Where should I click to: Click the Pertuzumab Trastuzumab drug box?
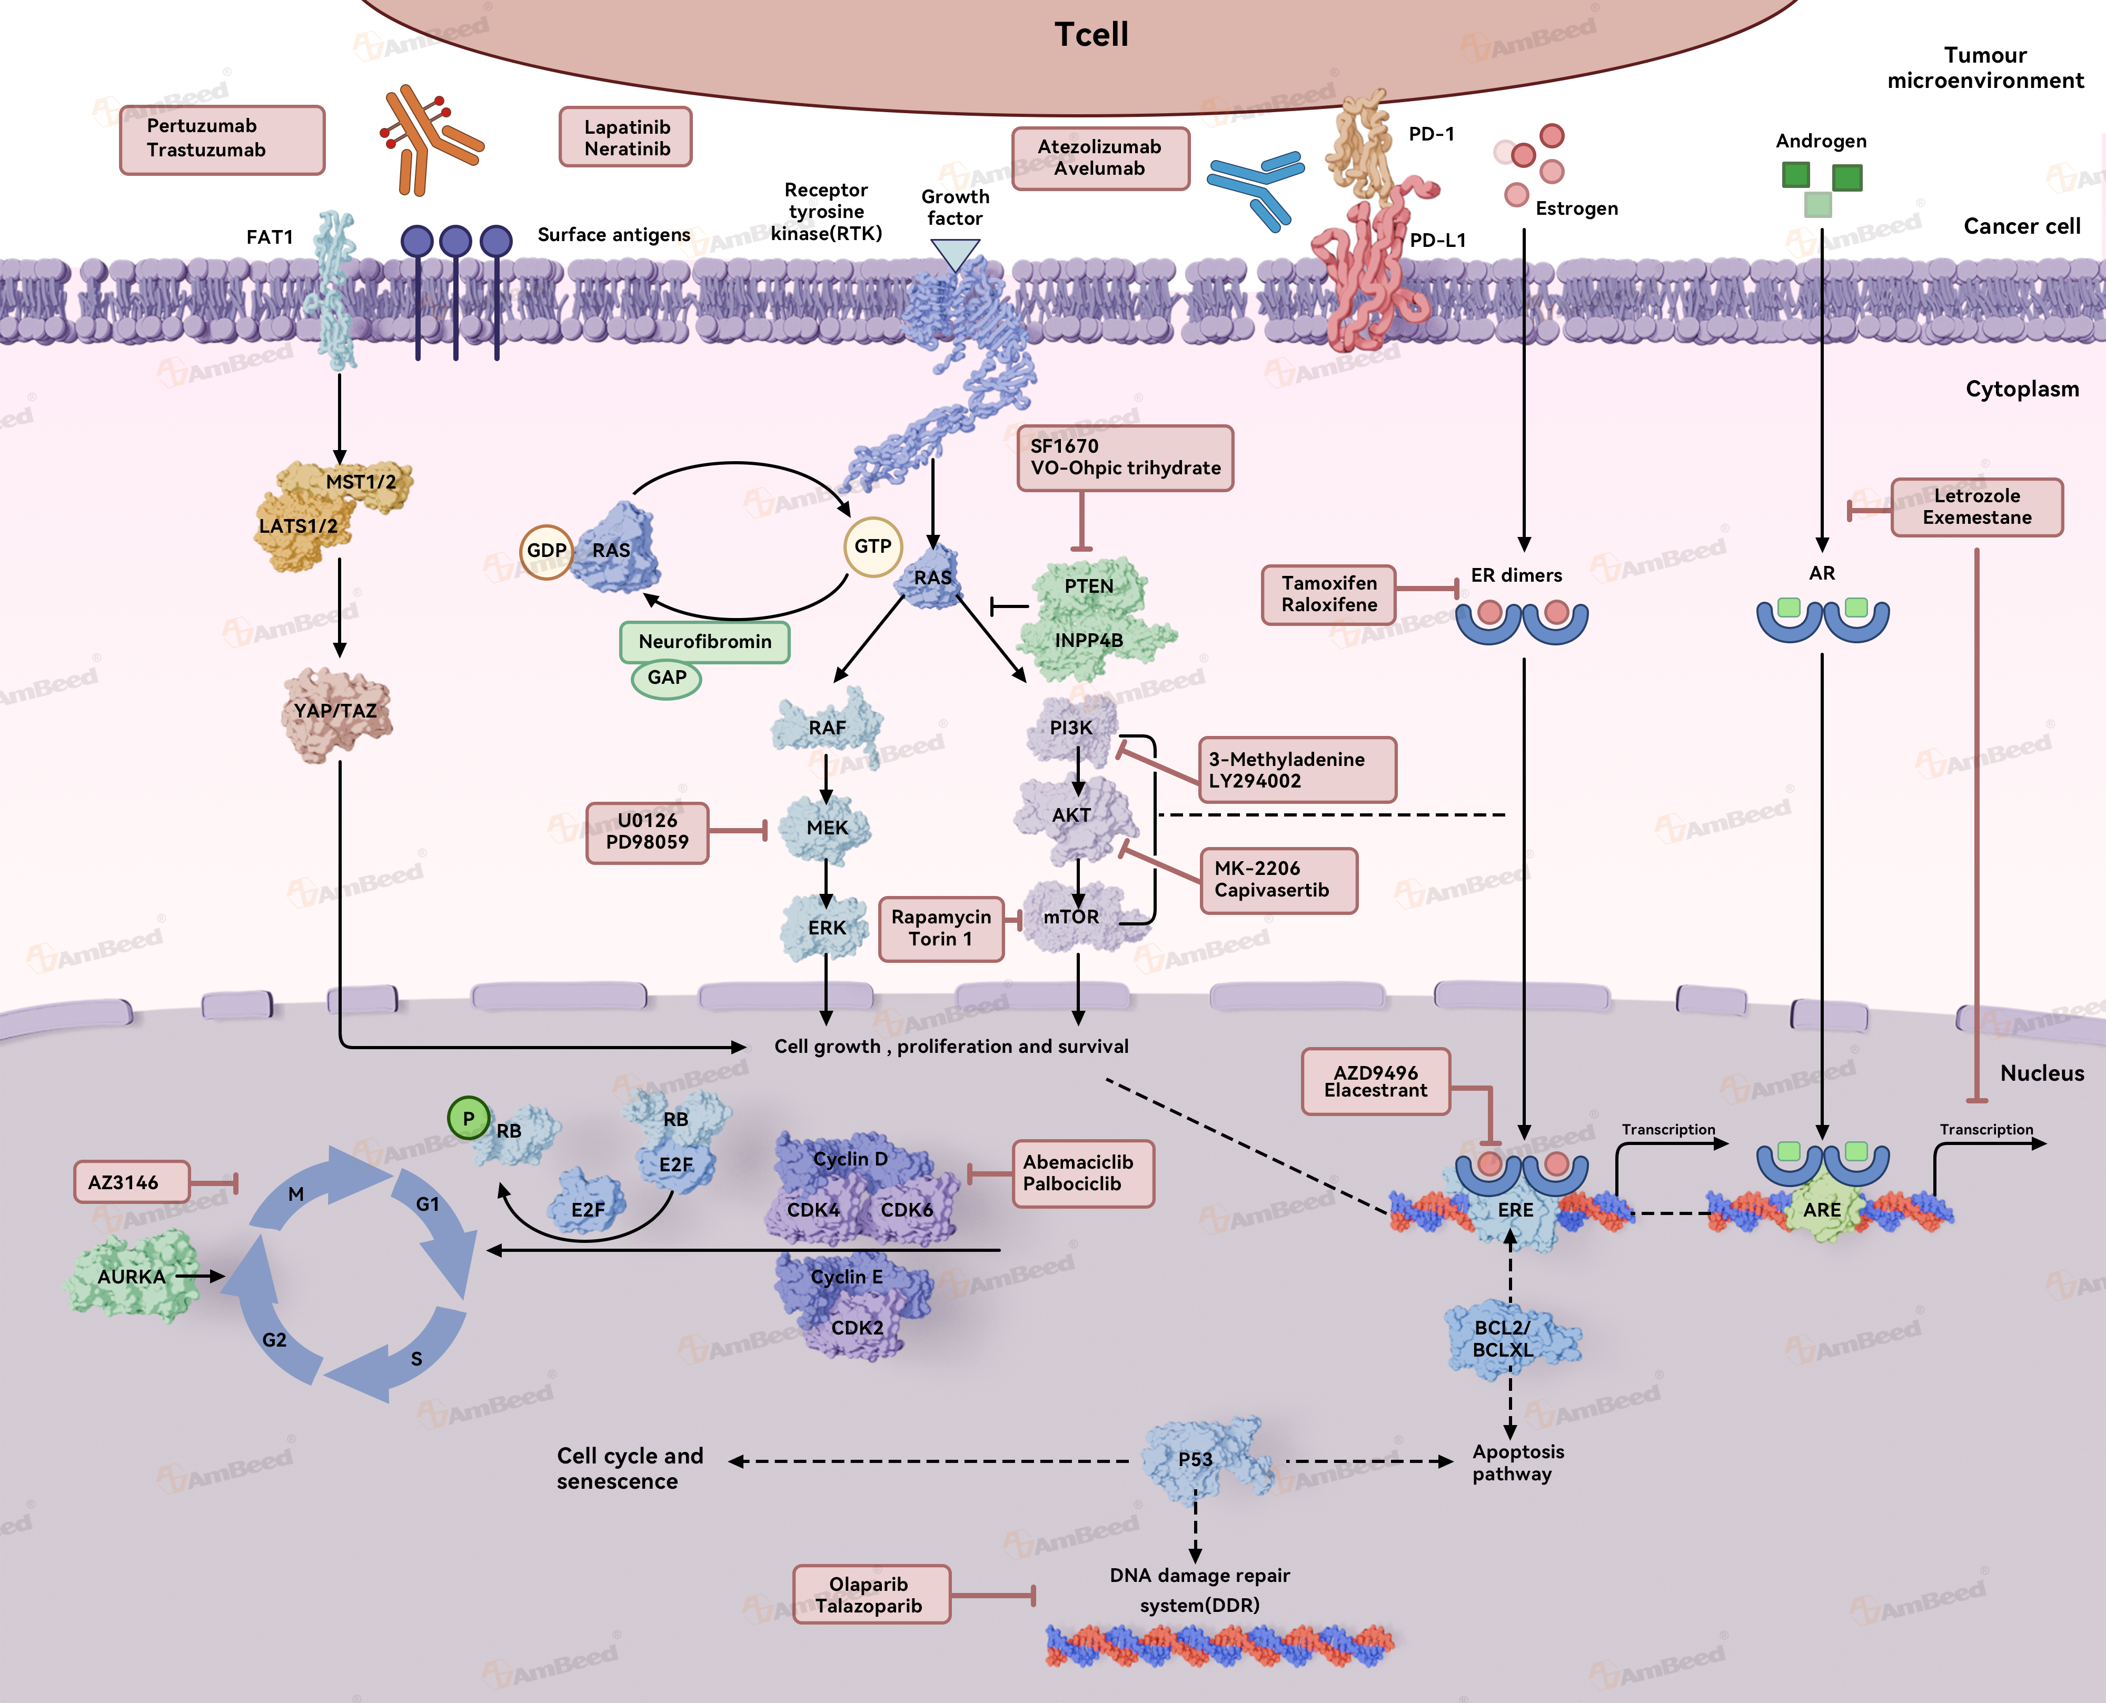[x=222, y=140]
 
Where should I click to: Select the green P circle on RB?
[x=468, y=1118]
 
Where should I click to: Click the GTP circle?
[x=872, y=546]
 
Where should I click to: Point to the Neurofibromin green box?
[x=704, y=642]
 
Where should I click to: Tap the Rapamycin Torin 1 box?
[x=941, y=928]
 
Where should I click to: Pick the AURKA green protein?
[x=132, y=1276]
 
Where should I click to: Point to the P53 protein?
[x=1196, y=1460]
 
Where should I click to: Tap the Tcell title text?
[x=1091, y=35]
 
